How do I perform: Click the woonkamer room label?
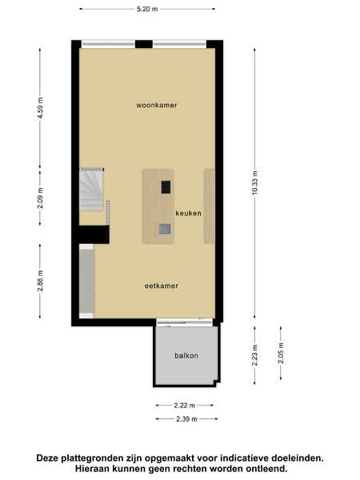point(157,105)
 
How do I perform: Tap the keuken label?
point(188,213)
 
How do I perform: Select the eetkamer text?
point(162,286)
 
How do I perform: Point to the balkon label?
point(186,355)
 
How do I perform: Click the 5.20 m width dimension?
point(147,9)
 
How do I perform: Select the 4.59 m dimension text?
point(40,108)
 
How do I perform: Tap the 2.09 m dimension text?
point(40,198)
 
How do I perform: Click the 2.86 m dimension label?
point(40,282)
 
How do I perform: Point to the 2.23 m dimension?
point(254,355)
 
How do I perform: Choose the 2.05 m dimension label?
point(281,353)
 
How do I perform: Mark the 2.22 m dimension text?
point(184,406)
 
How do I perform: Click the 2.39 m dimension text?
point(186,418)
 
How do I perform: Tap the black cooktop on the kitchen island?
point(166,187)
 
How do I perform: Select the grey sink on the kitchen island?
point(165,229)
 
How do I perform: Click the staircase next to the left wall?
point(91,189)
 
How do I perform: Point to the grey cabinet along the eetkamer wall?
point(86,281)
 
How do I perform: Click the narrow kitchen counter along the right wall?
point(210,206)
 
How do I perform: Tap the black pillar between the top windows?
point(144,44)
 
